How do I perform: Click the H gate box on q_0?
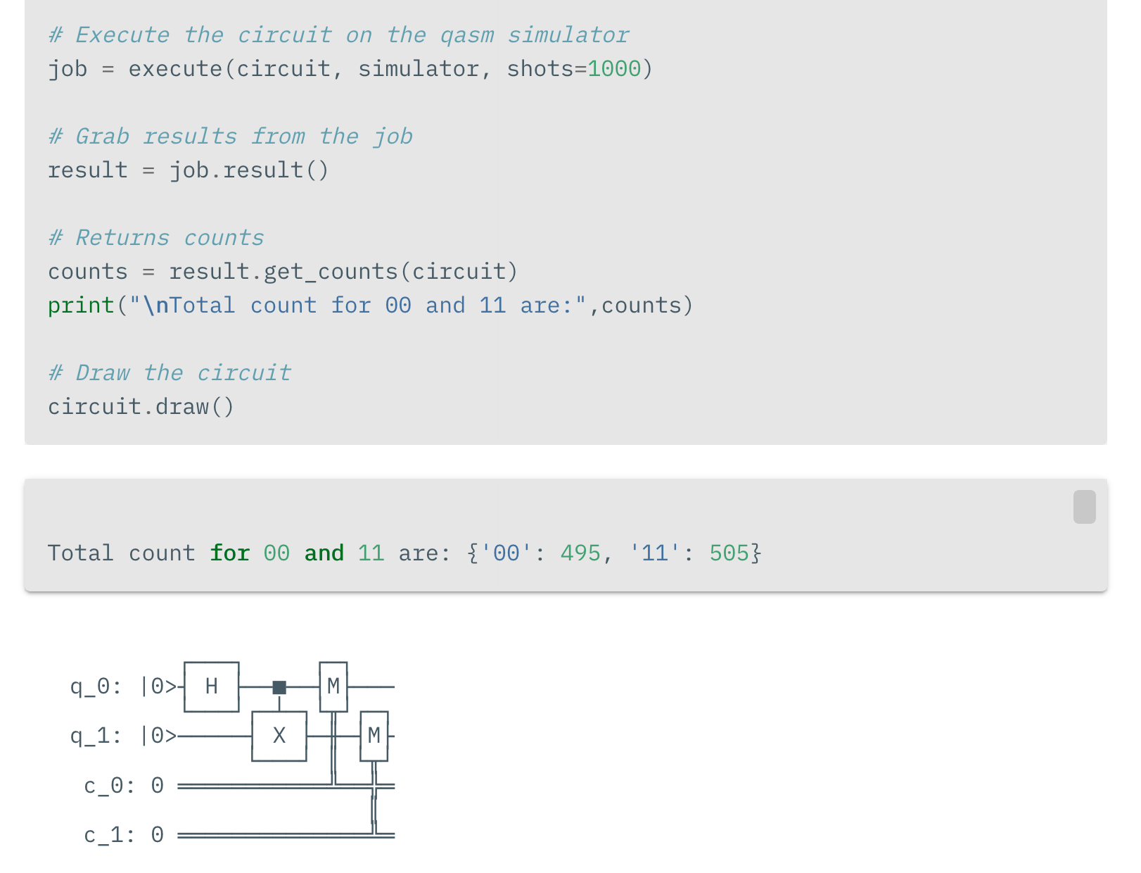(x=212, y=686)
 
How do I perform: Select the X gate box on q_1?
(x=279, y=736)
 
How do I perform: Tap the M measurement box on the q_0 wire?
(x=333, y=686)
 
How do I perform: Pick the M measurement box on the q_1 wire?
(x=374, y=736)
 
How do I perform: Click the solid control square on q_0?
(x=279, y=687)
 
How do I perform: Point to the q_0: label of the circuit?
(x=96, y=686)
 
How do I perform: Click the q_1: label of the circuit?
(x=96, y=736)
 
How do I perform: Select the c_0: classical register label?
(x=109, y=786)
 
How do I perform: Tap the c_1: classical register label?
(x=109, y=835)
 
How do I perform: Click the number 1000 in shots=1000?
(x=614, y=69)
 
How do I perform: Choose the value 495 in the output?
(x=580, y=553)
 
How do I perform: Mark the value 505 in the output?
(x=729, y=553)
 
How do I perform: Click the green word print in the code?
(x=81, y=306)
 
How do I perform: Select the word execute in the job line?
(x=175, y=69)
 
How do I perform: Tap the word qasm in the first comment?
(x=467, y=35)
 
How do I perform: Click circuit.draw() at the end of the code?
(x=141, y=406)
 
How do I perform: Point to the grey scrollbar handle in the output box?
(x=1084, y=506)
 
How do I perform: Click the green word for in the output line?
(x=230, y=553)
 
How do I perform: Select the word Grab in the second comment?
(x=103, y=137)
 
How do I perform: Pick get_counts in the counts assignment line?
(x=331, y=272)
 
